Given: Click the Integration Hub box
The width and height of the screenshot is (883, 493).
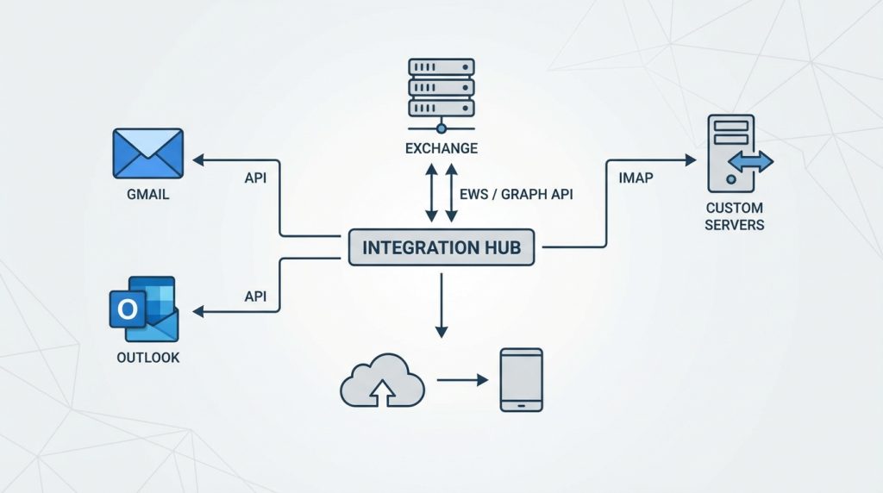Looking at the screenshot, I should click(441, 247).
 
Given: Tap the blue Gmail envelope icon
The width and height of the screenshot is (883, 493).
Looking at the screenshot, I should click(147, 153).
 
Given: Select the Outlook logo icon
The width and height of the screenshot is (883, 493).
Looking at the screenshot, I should click(143, 309).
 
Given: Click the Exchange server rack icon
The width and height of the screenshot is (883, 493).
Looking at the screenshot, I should click(441, 89).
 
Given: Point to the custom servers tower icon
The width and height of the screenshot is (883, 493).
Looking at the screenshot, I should click(730, 153).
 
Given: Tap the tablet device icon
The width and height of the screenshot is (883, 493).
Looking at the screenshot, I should click(522, 379).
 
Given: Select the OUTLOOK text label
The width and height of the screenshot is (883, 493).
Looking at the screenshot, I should click(147, 357).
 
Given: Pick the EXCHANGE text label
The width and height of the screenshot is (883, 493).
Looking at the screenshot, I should click(441, 148).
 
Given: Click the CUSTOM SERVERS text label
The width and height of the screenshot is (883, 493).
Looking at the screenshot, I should click(734, 216).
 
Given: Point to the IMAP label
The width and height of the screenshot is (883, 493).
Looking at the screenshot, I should click(636, 178).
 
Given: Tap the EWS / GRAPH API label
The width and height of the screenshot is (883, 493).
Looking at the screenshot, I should click(516, 195).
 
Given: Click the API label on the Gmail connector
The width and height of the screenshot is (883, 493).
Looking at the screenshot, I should click(255, 178).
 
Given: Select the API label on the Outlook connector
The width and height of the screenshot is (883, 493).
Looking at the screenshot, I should click(255, 296).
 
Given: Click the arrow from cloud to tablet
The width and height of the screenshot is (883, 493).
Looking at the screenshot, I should click(464, 379).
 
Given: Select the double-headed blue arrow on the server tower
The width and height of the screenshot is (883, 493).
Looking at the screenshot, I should click(750, 161).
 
